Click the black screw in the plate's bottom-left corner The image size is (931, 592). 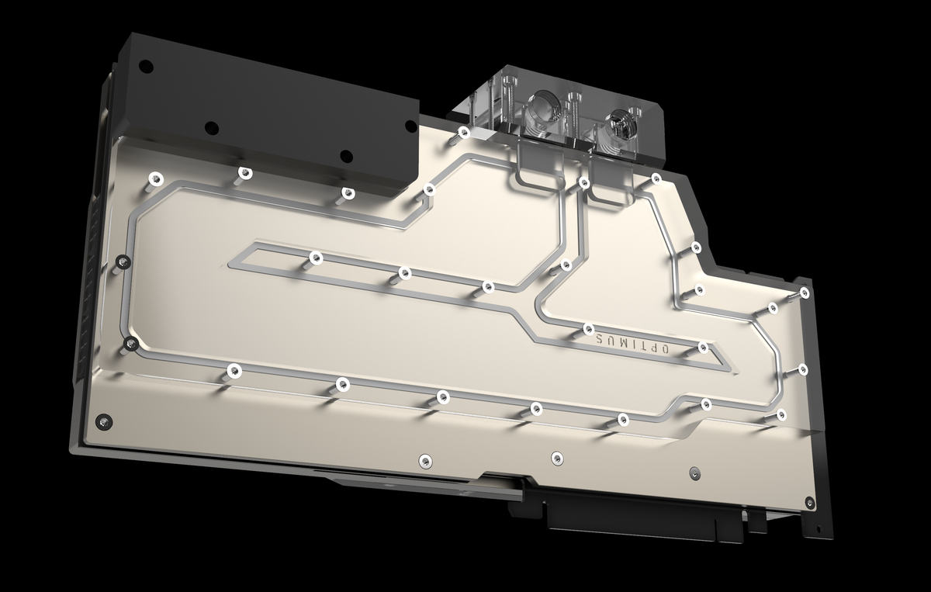[x=100, y=421]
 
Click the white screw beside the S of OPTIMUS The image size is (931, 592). [x=588, y=329]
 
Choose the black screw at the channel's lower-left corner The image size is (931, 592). [x=130, y=342]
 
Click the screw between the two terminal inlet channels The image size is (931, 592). [x=583, y=183]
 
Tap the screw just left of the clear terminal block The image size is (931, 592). [x=463, y=132]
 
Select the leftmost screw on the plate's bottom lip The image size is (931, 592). [x=423, y=459]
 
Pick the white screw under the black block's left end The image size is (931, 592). [x=155, y=178]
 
